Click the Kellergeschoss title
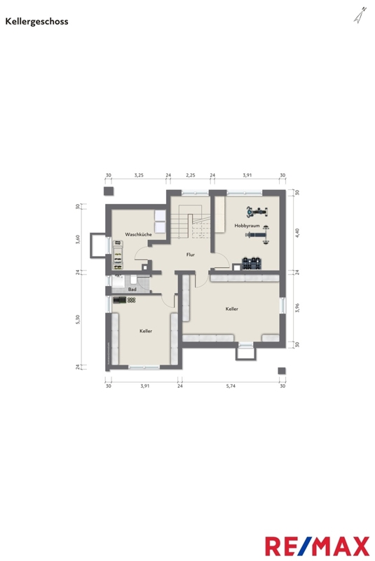[x=36, y=22]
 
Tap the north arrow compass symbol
[x=360, y=15]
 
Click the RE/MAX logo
[x=317, y=546]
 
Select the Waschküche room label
[x=138, y=234]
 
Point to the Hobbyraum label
[x=247, y=226]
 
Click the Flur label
[x=191, y=255]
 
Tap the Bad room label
[x=132, y=290]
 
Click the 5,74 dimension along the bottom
[x=231, y=386]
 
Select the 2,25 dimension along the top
[x=191, y=175]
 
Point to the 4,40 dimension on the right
[x=297, y=233]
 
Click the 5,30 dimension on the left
[x=78, y=320]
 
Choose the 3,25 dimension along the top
[x=139, y=175]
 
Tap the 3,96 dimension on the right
[x=297, y=308]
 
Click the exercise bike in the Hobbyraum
[x=257, y=212]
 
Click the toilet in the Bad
[x=133, y=279]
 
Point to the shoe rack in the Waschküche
[x=118, y=255]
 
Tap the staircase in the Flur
[x=190, y=222]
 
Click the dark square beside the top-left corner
[x=109, y=191]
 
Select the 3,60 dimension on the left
[x=78, y=239]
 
